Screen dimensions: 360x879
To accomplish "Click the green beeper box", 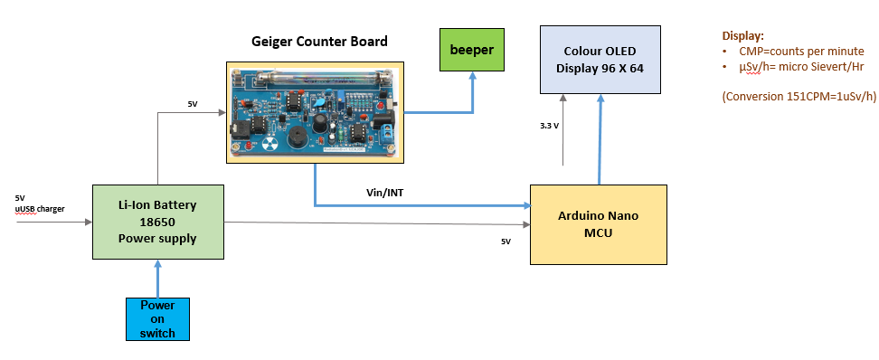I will pos(471,51).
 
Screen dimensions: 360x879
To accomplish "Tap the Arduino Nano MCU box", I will pos(598,223).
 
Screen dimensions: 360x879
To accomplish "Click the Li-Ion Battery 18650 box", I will pos(157,222).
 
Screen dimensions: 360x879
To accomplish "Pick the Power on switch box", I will pos(157,318).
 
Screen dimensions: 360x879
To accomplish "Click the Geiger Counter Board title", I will pos(319,42).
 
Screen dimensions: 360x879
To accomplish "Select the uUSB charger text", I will pos(39,210).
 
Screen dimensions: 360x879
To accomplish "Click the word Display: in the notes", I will pos(742,36).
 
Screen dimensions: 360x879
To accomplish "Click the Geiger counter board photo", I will pos(314,112).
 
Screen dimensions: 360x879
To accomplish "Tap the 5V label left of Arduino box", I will pos(506,242).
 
